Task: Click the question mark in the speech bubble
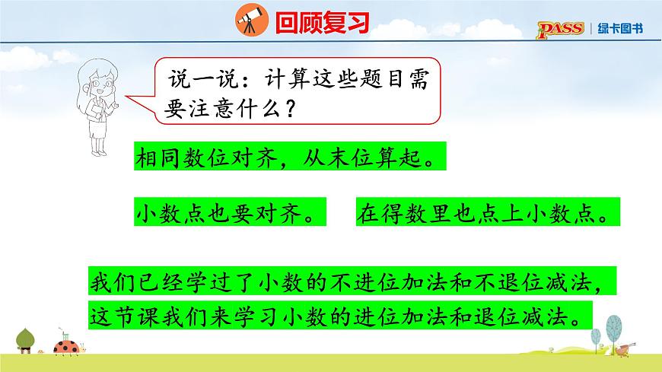point(289,108)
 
